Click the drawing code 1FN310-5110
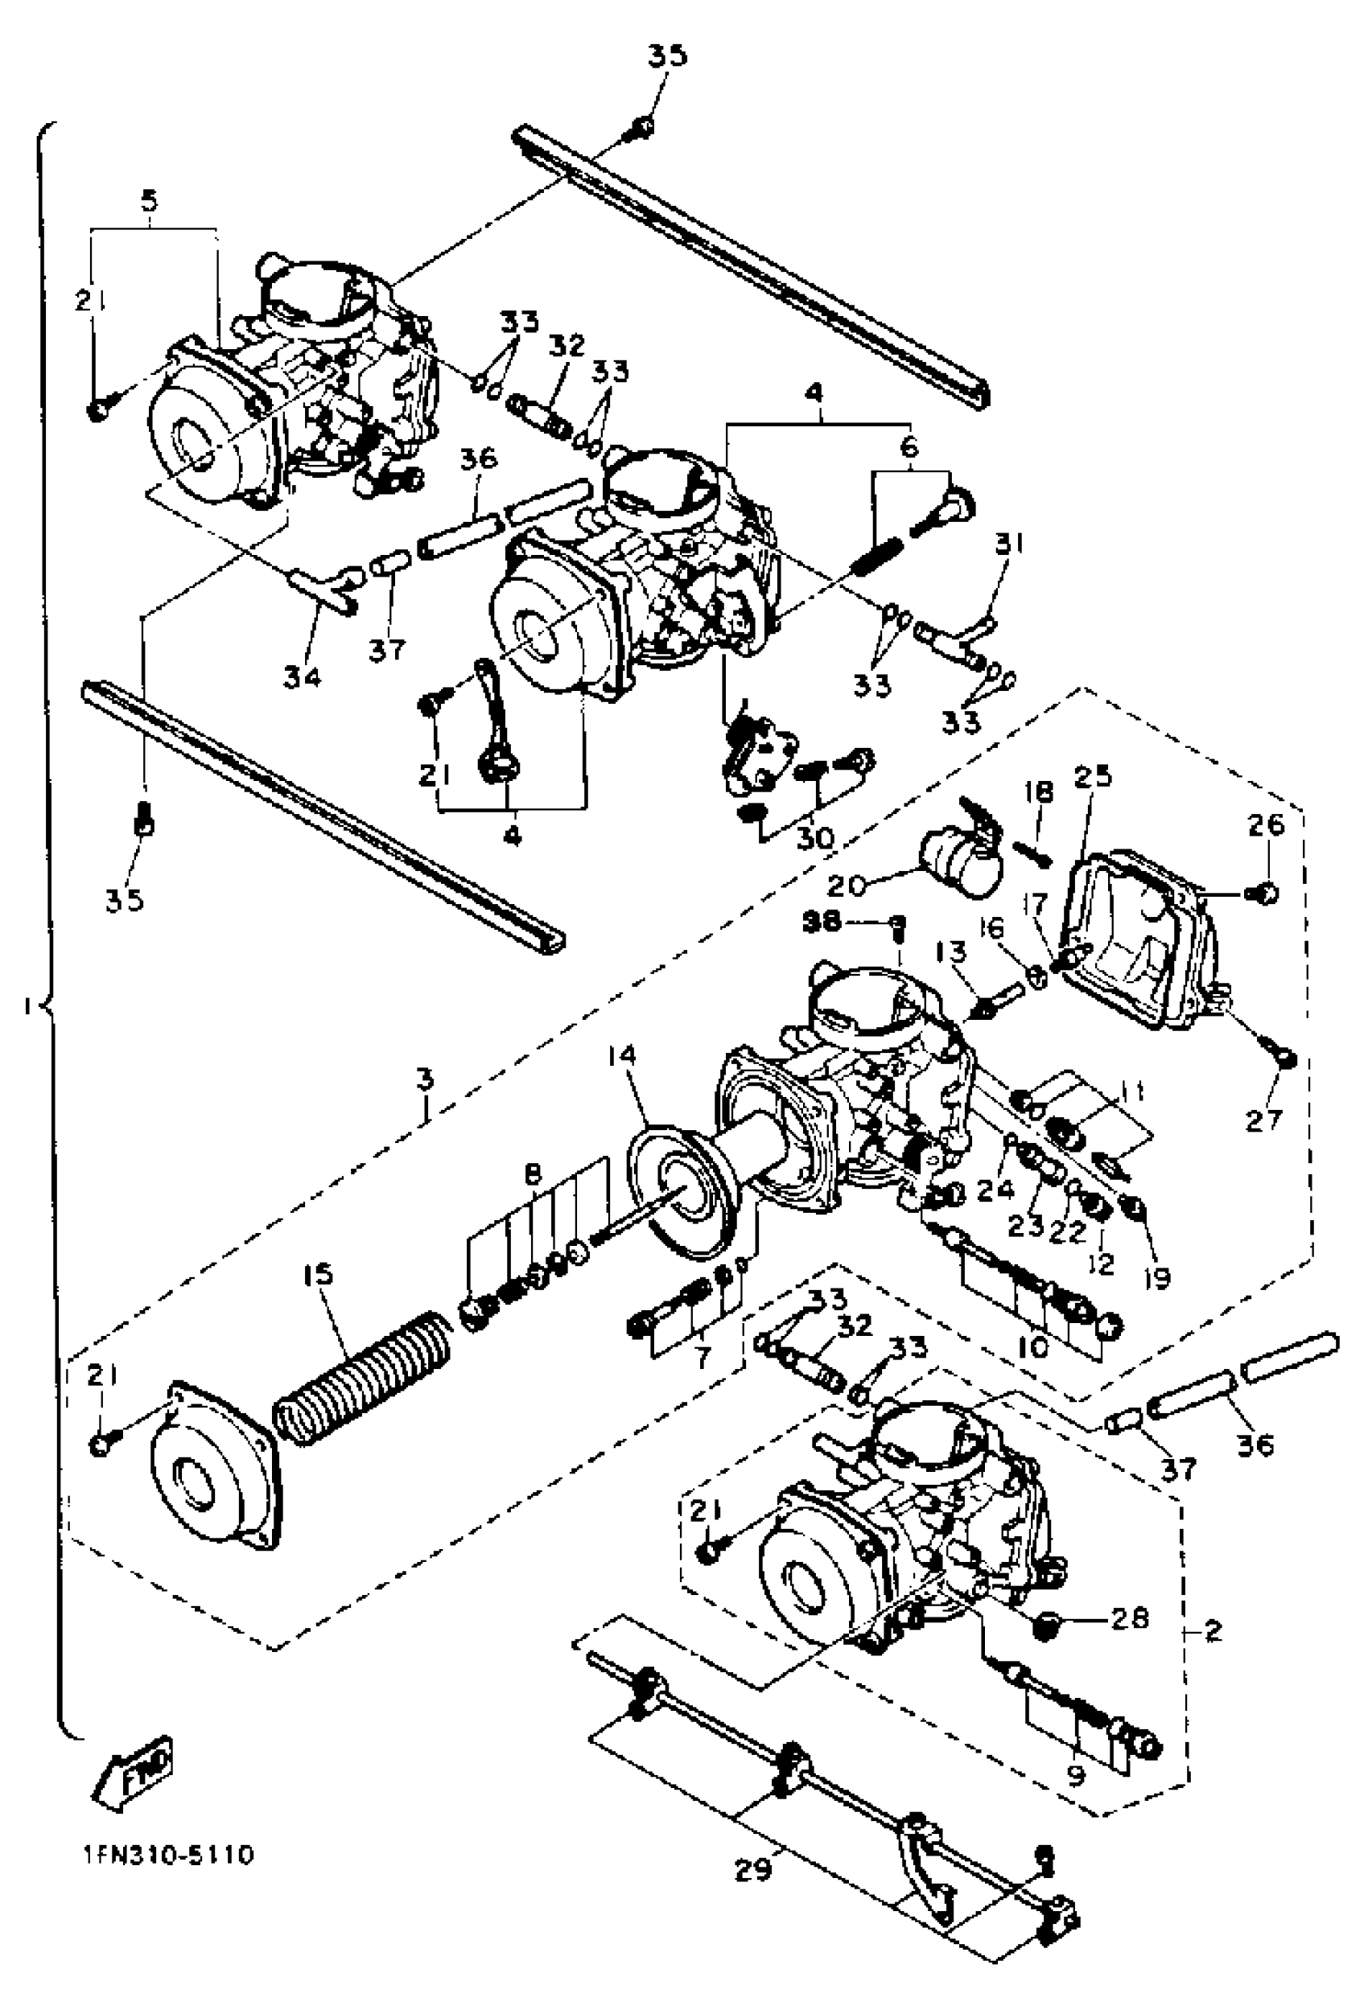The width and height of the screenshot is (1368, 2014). coord(168,1856)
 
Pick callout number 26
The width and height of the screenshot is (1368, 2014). coord(1265,825)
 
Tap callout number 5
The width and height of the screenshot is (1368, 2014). coord(149,202)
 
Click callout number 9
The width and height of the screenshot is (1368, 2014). coord(1076,1773)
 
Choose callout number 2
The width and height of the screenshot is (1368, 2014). coord(1213,1632)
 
